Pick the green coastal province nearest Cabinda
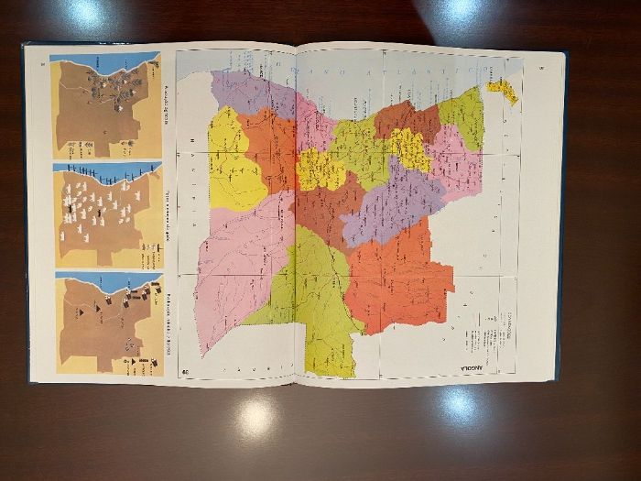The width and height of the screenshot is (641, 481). tap(462, 115)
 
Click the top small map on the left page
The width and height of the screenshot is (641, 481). tap(105, 105)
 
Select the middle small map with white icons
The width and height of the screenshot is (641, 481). tap(105, 215)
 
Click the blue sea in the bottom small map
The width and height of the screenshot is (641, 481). tap(92, 279)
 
